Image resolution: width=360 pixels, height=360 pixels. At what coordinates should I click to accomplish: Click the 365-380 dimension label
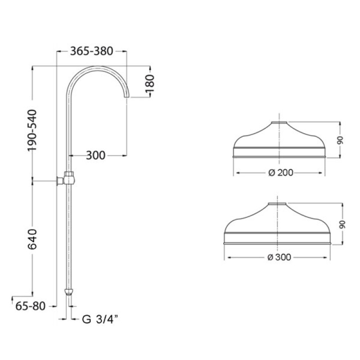tap(91, 51)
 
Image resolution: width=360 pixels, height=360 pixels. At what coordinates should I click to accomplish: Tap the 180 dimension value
tap(150, 83)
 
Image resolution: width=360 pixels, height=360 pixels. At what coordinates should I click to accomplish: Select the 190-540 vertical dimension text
tap(32, 130)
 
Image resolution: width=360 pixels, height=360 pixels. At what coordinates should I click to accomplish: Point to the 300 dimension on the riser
tap(95, 155)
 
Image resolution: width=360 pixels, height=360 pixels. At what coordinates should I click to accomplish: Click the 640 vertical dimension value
tap(32, 239)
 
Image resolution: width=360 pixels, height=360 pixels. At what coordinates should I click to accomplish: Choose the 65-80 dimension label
tap(30, 306)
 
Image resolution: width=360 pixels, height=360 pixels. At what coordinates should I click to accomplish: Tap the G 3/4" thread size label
tap(100, 319)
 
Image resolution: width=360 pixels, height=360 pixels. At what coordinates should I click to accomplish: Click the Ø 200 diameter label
tap(280, 173)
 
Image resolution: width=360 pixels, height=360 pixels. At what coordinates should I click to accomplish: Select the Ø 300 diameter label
tap(279, 257)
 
